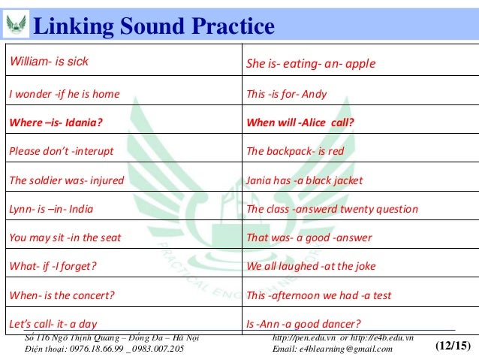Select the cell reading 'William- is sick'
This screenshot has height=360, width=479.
click(x=48, y=62)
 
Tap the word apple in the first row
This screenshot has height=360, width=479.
click(x=360, y=64)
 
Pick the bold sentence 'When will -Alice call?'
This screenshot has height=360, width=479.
click(x=300, y=123)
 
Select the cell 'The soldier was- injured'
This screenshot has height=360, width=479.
click(x=66, y=180)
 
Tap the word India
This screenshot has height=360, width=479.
click(x=80, y=209)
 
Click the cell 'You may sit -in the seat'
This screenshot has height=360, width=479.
click(x=65, y=237)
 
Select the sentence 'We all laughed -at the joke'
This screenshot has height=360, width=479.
click(x=311, y=266)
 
